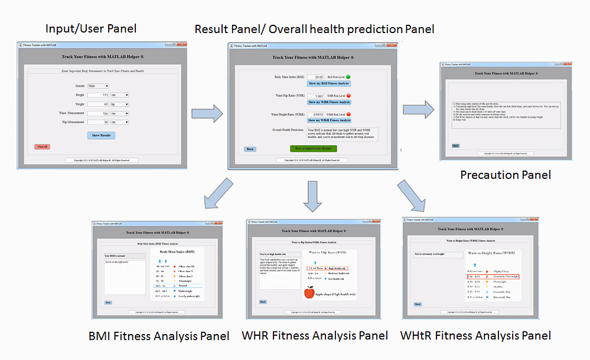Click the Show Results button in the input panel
102,135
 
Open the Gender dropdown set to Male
98,86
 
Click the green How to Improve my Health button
313,149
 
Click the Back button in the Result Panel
250,149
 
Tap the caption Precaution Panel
505,175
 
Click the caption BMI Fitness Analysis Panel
159,336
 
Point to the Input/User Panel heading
91,28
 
